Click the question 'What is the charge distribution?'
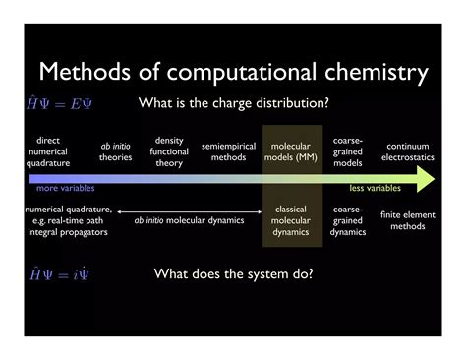click(234, 103)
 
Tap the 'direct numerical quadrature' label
click(48, 151)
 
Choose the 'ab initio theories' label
click(115, 151)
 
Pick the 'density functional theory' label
click(169, 151)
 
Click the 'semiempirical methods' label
click(228, 151)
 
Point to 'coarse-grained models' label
click(348, 151)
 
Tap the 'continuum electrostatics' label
click(407, 151)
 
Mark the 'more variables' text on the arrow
click(62, 187)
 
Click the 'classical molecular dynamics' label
click(291, 220)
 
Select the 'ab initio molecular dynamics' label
click(189, 220)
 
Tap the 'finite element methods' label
click(403, 220)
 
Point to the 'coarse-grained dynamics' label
click(348, 220)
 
